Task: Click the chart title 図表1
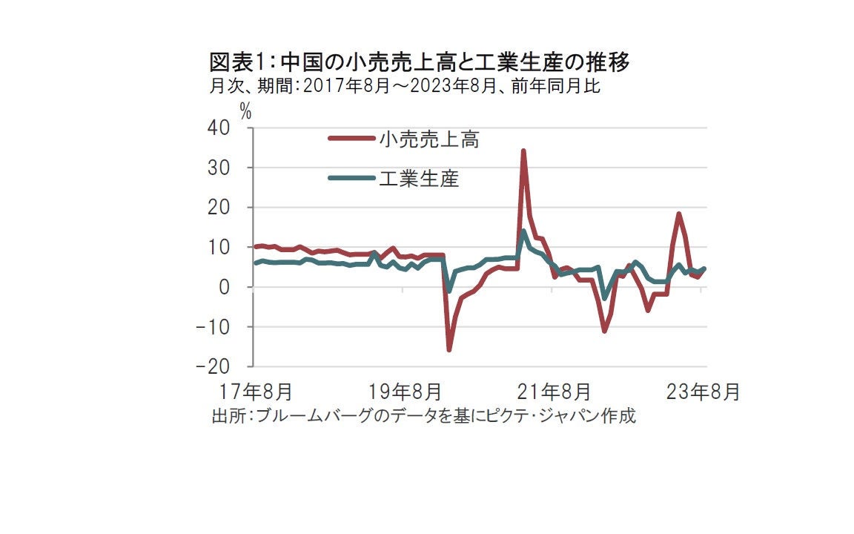point(420,63)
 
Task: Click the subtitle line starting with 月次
point(404,87)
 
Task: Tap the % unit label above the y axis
point(245,112)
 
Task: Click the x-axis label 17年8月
point(254,391)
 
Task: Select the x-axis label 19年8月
point(404,391)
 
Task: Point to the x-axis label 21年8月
point(555,391)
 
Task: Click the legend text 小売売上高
point(429,139)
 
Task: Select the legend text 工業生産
point(420,178)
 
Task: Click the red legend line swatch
point(351,138)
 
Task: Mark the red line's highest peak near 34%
point(523,151)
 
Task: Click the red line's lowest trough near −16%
point(448,349)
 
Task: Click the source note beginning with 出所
point(423,415)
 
